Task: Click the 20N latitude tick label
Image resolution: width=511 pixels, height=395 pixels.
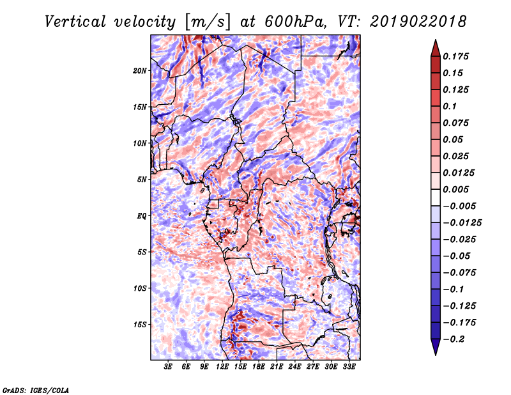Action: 140,70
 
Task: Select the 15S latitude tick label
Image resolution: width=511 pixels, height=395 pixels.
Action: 140,325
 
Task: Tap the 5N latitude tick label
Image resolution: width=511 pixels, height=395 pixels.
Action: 142,180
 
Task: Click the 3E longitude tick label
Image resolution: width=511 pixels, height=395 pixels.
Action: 169,368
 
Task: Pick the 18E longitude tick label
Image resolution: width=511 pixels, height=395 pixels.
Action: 259,368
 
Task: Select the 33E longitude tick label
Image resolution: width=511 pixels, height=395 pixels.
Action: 349,368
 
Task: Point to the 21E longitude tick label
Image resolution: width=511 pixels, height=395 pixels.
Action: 277,368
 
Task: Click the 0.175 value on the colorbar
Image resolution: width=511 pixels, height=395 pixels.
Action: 457,56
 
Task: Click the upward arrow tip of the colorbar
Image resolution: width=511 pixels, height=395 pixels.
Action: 434,41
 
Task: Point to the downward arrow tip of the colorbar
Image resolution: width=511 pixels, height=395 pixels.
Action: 434,353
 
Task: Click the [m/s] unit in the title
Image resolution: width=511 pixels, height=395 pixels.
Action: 206,22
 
